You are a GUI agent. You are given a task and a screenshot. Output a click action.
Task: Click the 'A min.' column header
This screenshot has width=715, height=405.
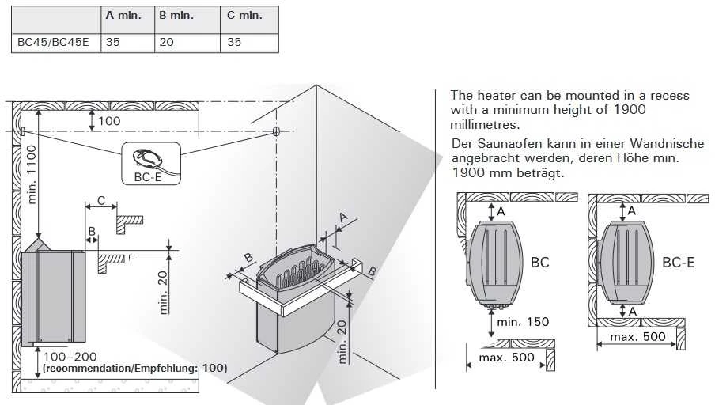(123, 16)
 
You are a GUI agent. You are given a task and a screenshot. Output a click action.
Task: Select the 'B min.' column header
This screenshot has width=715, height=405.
(176, 16)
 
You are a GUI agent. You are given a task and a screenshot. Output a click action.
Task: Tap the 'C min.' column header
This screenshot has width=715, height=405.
(244, 16)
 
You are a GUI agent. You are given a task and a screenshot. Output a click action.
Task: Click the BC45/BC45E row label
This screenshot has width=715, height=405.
(53, 43)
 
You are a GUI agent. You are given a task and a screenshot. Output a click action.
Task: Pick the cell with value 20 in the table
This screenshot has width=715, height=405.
(166, 43)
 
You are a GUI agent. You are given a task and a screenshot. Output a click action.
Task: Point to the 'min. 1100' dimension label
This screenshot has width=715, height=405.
(32, 174)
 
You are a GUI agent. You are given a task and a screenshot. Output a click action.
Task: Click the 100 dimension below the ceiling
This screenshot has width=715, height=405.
(109, 121)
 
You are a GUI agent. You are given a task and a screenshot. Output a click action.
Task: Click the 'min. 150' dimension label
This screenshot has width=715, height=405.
(523, 322)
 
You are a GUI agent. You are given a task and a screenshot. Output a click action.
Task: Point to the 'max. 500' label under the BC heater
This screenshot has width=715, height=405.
(506, 358)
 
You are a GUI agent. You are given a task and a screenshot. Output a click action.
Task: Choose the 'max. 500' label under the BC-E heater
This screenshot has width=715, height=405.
(638, 337)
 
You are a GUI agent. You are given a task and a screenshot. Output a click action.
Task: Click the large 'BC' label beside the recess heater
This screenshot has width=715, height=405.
(540, 263)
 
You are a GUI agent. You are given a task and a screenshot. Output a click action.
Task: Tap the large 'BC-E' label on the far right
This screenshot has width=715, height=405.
(679, 263)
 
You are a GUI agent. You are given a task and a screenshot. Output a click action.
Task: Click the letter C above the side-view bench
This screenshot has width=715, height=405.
(101, 201)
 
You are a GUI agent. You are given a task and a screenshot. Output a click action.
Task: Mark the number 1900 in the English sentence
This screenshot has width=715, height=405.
(630, 109)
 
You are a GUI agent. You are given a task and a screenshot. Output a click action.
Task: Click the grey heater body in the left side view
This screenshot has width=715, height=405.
(53, 296)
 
